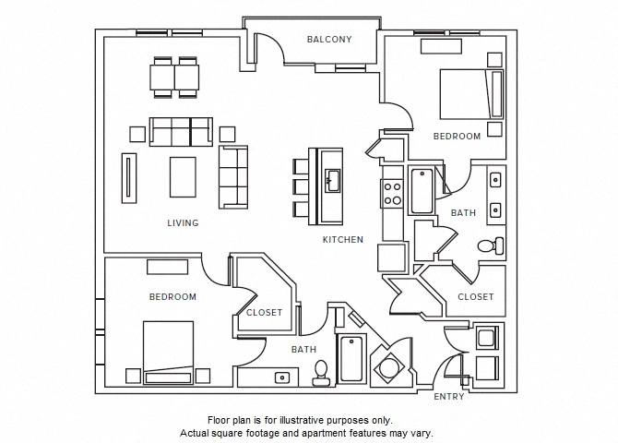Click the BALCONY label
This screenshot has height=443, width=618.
click(x=329, y=39)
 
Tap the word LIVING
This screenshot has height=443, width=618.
click(x=183, y=222)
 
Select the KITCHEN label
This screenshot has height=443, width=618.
click(x=342, y=239)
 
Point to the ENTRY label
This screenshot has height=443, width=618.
click(x=449, y=397)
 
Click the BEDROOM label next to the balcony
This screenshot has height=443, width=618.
click(x=457, y=136)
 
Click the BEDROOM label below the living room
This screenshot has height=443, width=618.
click(x=172, y=296)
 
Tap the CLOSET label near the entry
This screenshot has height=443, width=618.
click(x=475, y=296)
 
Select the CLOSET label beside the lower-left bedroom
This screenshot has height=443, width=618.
click(x=264, y=312)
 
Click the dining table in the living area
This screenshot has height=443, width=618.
click(x=176, y=78)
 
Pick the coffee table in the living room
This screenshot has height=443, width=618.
click(x=183, y=175)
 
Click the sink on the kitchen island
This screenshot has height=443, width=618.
click(x=331, y=178)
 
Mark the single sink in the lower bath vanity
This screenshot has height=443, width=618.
click(x=282, y=377)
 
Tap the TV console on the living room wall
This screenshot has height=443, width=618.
click(x=128, y=177)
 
